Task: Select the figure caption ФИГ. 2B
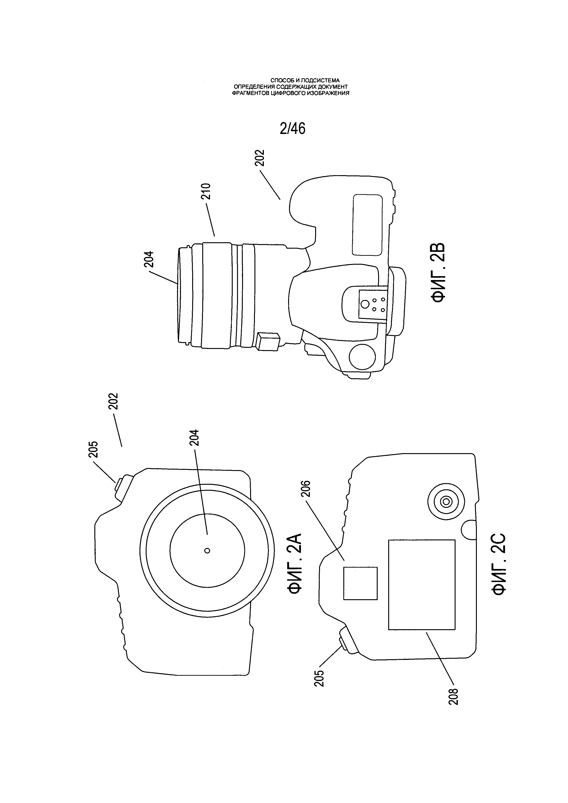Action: [x=438, y=272]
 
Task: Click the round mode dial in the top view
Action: [x=362, y=357]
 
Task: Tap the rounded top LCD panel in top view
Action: [x=367, y=225]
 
